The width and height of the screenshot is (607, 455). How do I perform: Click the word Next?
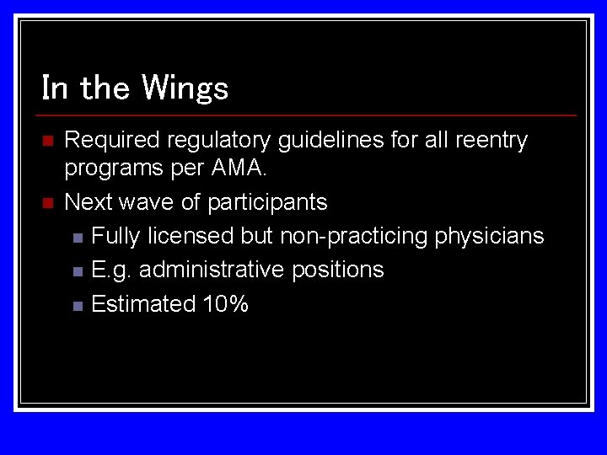[87, 202]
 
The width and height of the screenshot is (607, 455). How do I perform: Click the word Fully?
[115, 236]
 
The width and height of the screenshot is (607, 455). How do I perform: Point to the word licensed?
[191, 236]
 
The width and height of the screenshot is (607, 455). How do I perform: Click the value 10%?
[226, 303]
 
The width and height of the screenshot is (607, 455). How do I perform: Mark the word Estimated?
[143, 303]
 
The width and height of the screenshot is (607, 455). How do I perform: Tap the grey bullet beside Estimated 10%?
[78, 305]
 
